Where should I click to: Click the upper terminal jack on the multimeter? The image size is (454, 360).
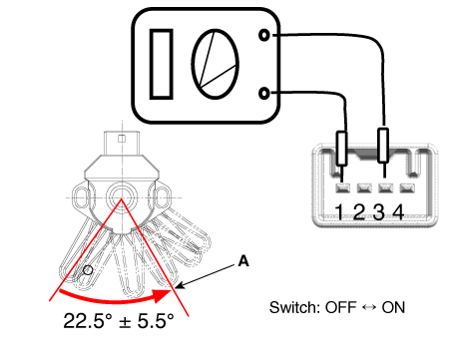tap(263, 35)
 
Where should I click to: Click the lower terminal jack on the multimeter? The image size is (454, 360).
tap(263, 94)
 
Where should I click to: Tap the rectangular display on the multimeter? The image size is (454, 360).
tap(162, 64)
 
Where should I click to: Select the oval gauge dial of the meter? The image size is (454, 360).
tap(216, 64)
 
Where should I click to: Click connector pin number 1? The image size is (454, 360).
tap(342, 188)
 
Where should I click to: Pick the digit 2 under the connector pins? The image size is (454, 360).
tap(359, 211)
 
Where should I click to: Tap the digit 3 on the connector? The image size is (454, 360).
tap(379, 211)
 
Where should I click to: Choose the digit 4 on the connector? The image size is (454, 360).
tap(398, 211)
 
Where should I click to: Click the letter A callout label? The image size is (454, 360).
tap(243, 261)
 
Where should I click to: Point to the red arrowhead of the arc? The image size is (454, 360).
tap(163, 296)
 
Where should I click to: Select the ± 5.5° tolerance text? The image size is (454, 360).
tap(146, 321)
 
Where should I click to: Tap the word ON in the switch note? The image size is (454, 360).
tap(393, 307)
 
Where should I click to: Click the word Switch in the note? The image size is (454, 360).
tap(294, 307)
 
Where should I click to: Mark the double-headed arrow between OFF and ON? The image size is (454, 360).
tap(369, 307)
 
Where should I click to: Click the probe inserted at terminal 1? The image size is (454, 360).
tap(341, 149)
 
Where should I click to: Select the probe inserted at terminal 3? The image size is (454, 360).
tap(383, 145)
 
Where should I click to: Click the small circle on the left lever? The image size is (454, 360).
tap(88, 270)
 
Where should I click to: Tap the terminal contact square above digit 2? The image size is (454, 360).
tap(364, 188)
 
